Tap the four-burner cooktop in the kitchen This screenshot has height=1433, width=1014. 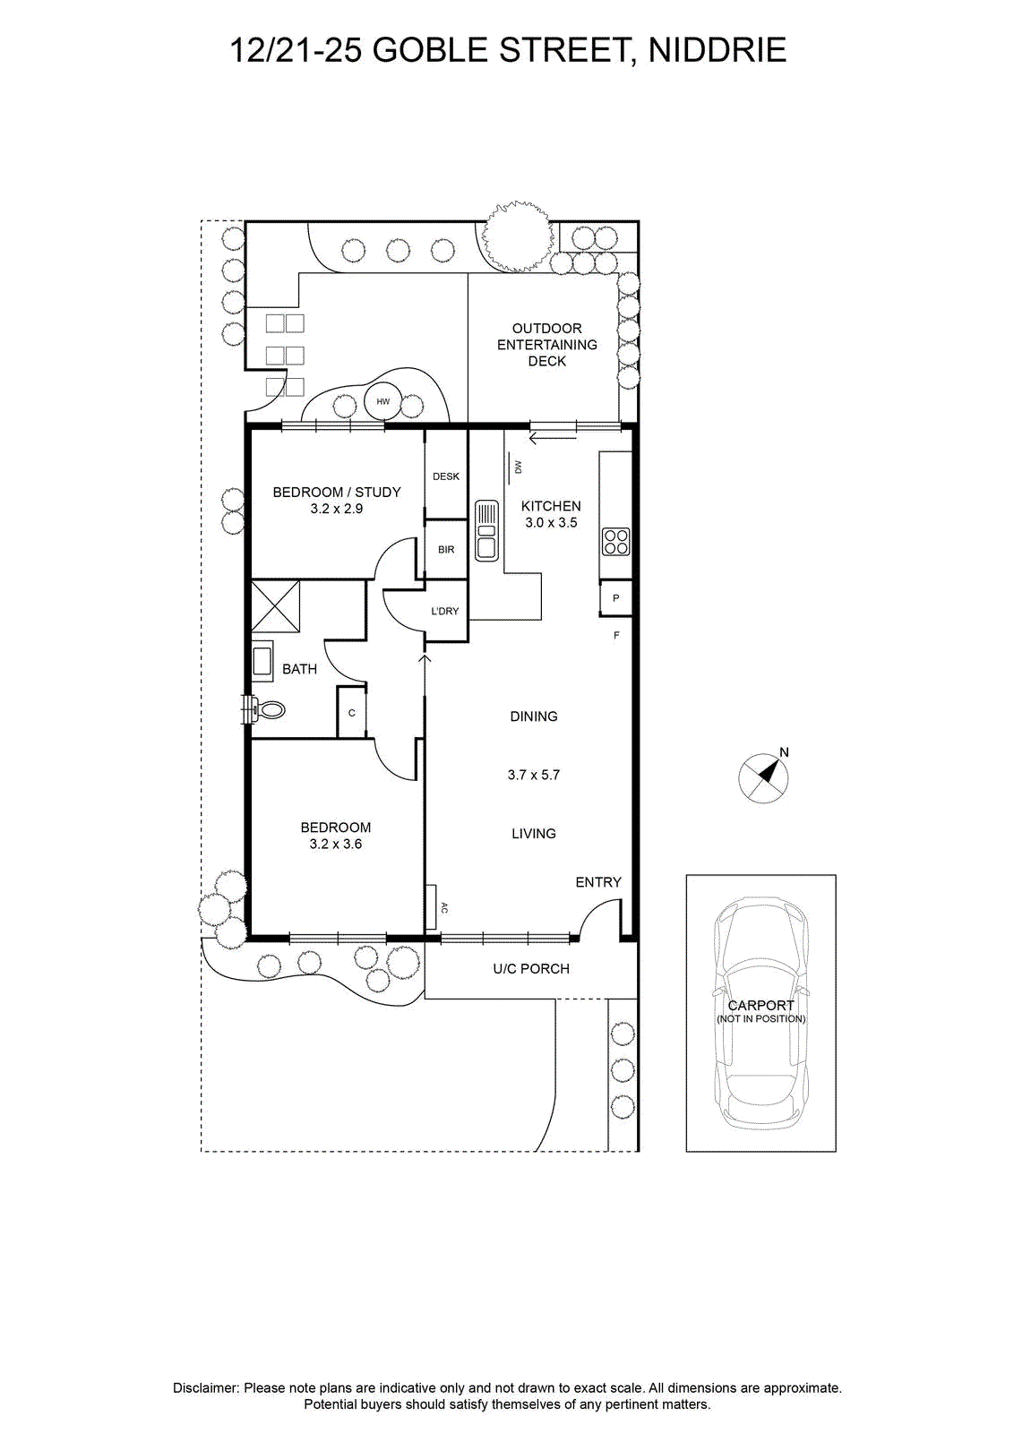point(616,541)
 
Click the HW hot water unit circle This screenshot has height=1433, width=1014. point(382,402)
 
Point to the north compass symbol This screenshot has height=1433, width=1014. point(764,777)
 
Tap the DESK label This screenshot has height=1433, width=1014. point(446,476)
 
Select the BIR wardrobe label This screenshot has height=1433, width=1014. point(446,550)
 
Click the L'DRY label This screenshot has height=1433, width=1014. point(444,611)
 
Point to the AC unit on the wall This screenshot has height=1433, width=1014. point(431,907)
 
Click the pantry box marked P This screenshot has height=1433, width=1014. point(615,598)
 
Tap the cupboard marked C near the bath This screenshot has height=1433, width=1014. point(351,713)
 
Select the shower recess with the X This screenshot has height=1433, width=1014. point(275,605)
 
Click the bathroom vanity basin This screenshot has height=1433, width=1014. point(262,661)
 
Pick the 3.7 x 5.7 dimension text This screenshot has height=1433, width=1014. point(534,775)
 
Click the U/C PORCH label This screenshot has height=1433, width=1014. point(531,968)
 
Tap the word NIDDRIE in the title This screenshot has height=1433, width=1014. point(718,50)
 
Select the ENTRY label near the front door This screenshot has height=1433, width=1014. point(598,882)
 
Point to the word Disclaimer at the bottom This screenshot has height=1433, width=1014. point(205,1387)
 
